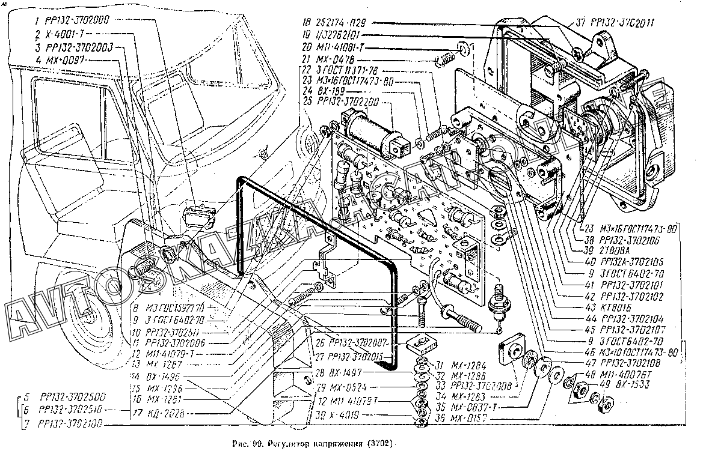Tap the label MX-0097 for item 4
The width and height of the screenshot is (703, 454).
pyautogui.click(x=64, y=60)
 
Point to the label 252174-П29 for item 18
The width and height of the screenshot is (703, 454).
pyautogui.click(x=341, y=22)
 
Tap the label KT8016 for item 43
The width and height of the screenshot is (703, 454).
pyautogui.click(x=609, y=306)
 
